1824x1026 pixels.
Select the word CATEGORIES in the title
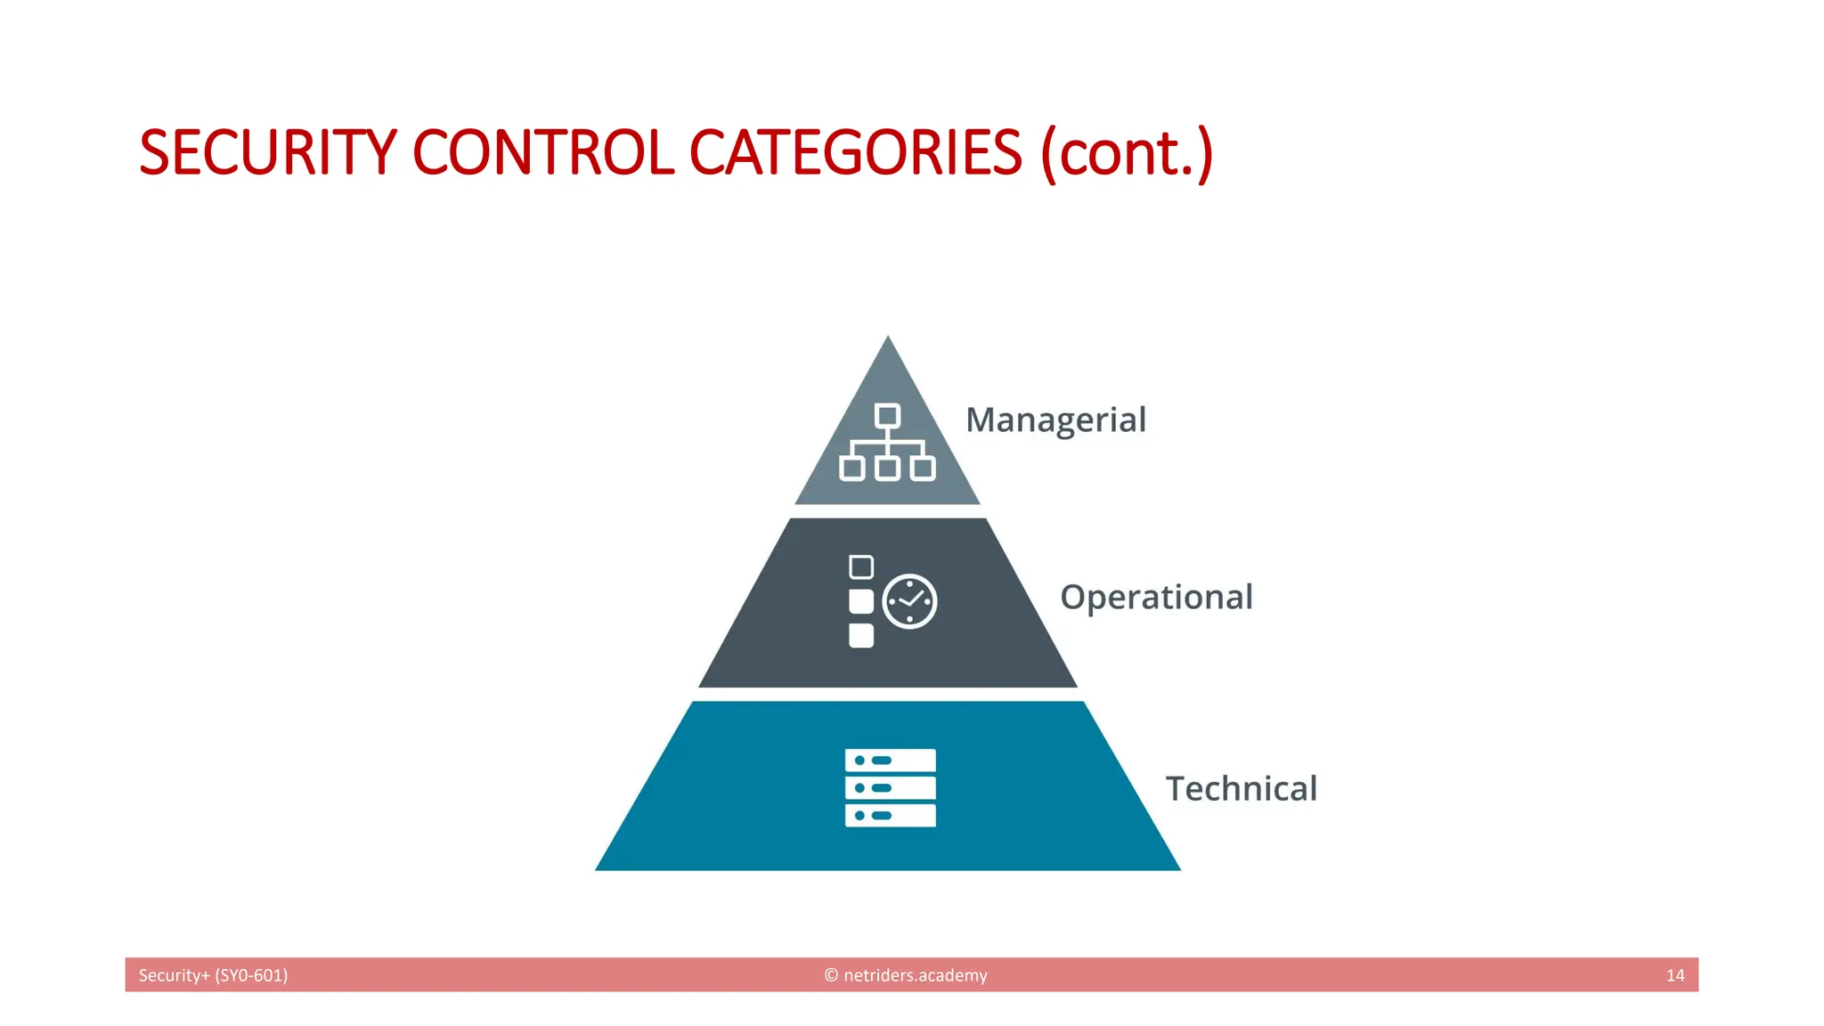[855, 152]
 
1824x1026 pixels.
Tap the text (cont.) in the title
[1127, 153]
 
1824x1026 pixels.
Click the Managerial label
[1055, 419]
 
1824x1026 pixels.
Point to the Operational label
[1156, 597]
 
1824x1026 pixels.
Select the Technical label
[1241, 788]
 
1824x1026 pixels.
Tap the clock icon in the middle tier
[909, 602]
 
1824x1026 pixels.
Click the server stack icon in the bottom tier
[890, 787]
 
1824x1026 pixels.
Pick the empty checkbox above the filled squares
[861, 567]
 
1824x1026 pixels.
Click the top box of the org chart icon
[887, 416]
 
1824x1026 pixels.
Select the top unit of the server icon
[890, 760]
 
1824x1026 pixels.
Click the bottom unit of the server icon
[890, 815]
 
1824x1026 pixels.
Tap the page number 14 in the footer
[1674, 975]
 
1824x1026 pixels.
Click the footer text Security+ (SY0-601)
[213, 975]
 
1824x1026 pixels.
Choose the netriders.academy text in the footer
[915, 975]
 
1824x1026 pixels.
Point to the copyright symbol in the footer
[831, 975]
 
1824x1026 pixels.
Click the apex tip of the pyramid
[887, 339]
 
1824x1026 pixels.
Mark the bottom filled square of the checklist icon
[861, 635]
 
